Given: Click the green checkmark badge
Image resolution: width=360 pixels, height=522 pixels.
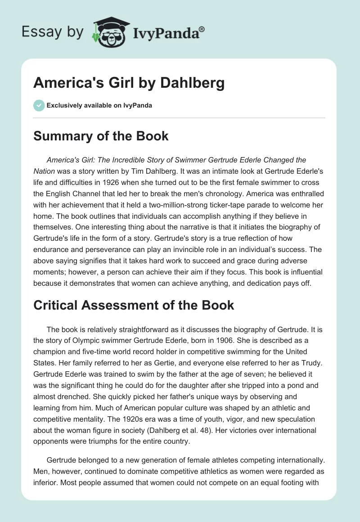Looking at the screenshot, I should pyautogui.click(x=39, y=105).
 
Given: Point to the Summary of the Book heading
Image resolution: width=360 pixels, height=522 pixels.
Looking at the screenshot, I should pyautogui.click(x=101, y=136).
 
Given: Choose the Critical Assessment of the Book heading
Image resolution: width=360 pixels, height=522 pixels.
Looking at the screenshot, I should pyautogui.click(x=134, y=305).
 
